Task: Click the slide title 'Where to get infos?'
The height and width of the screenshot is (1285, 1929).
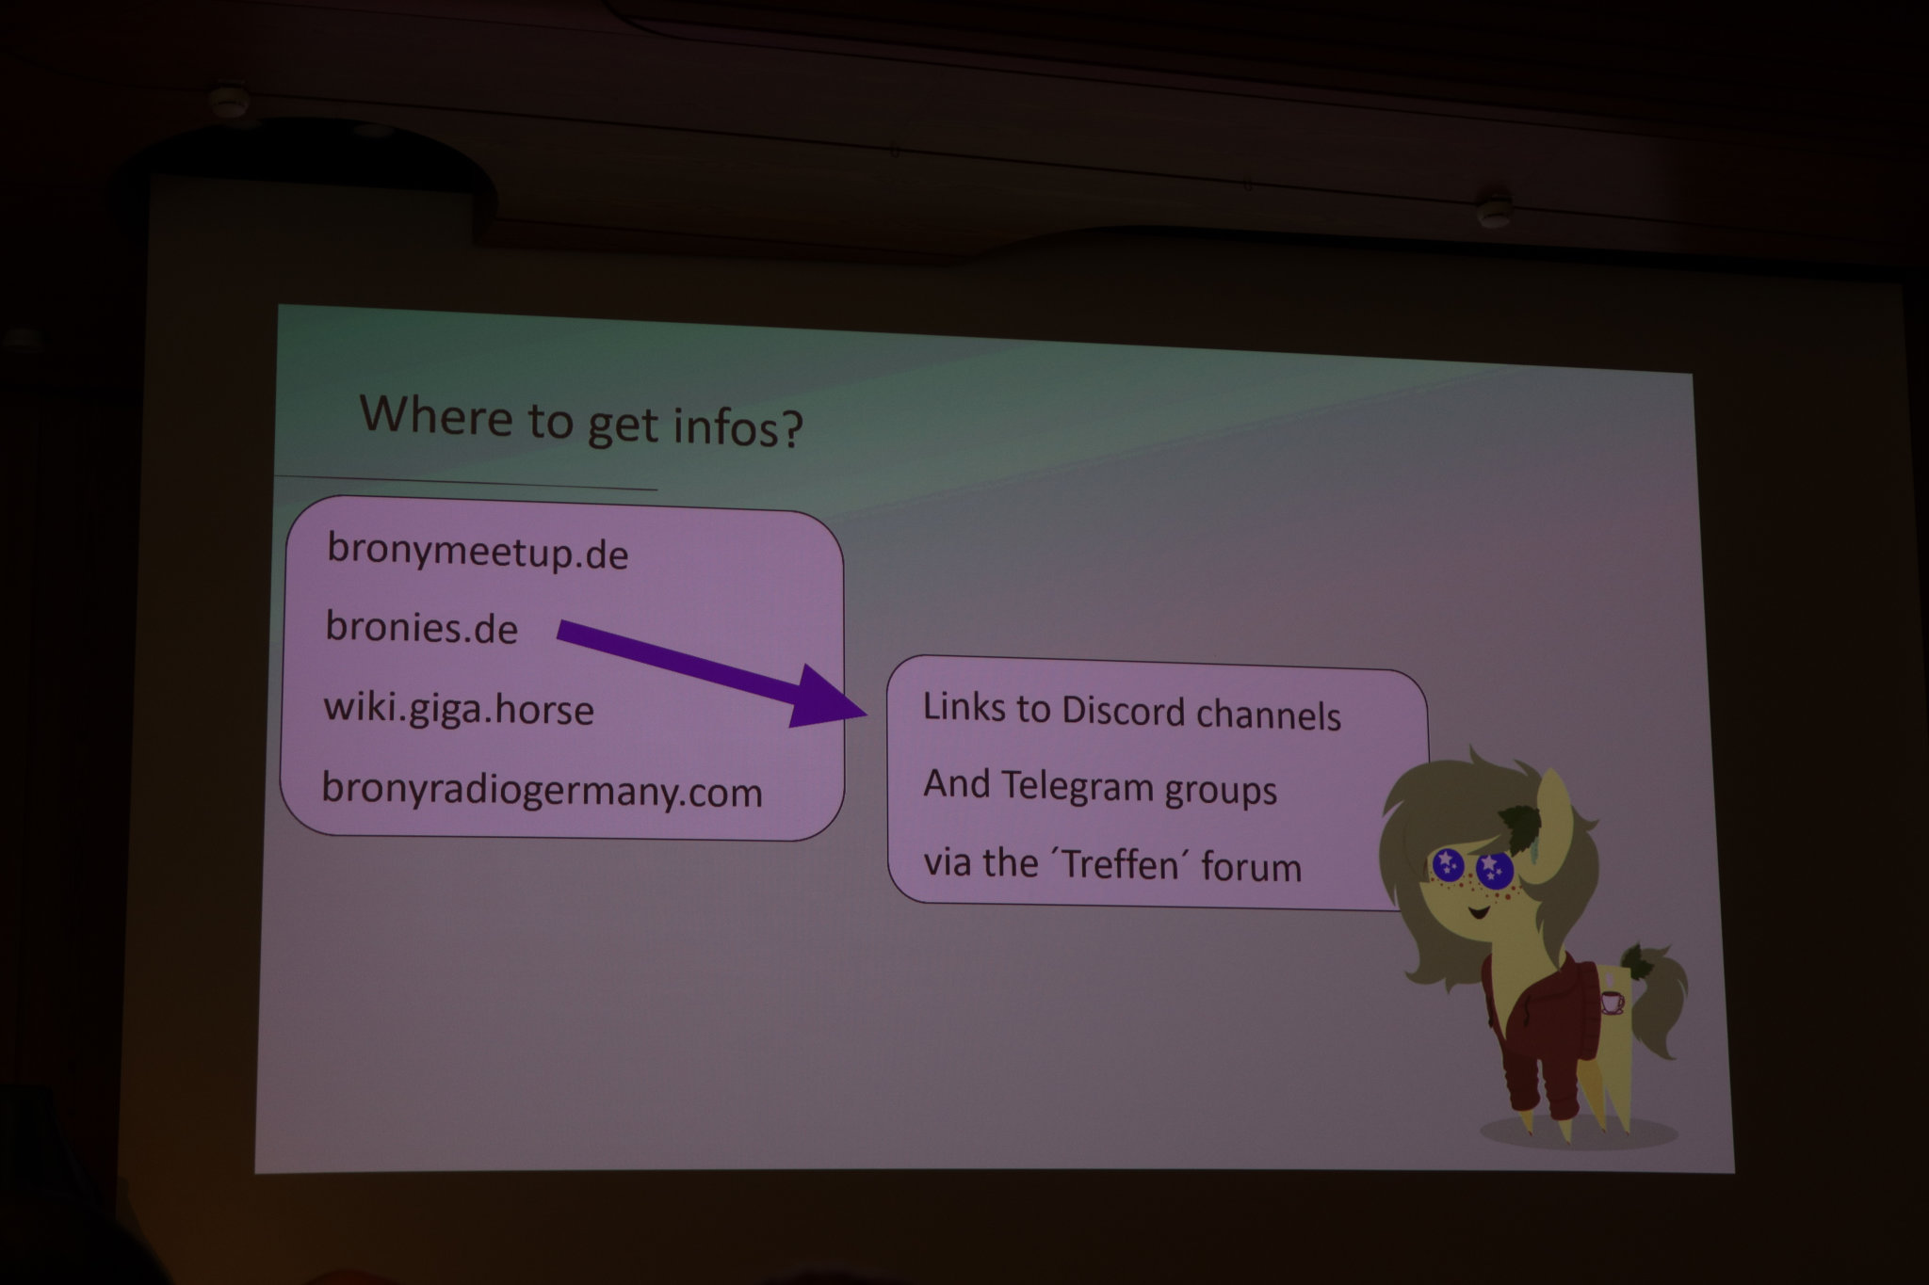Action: point(581,420)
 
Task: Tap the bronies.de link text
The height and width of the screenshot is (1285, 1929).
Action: point(421,626)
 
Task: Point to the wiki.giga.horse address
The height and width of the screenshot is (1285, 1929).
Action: point(459,708)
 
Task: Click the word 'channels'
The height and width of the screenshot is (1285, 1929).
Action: point(1268,715)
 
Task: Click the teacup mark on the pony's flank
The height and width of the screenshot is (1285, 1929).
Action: point(1612,1002)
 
